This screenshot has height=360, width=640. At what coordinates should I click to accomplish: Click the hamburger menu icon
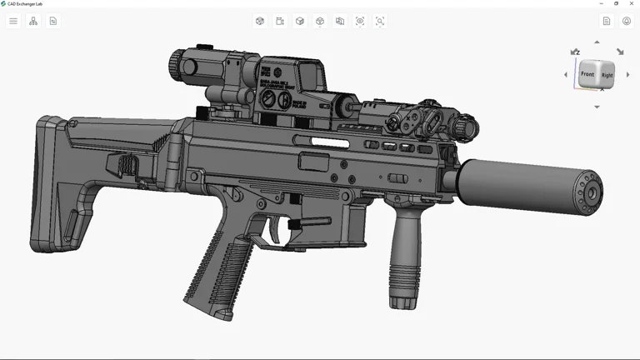coord(13,21)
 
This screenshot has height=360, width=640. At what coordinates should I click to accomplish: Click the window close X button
coord(632,3)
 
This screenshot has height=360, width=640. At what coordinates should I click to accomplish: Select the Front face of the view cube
coord(588,74)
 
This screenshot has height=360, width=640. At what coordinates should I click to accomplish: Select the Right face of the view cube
coord(607,76)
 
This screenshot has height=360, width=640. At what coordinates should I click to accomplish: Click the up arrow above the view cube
coord(597,42)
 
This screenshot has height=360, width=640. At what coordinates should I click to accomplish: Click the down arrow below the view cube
coord(597,107)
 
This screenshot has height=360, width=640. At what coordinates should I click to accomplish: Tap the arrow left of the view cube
coord(566,75)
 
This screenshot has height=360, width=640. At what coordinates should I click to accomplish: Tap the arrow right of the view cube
coord(627,75)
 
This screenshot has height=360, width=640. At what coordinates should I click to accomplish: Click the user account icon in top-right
coord(627,21)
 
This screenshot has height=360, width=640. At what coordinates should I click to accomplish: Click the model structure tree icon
coord(33,21)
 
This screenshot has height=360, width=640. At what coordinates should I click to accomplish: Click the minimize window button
coord(602,3)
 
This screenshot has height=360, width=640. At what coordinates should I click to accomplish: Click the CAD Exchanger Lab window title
coord(25,3)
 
